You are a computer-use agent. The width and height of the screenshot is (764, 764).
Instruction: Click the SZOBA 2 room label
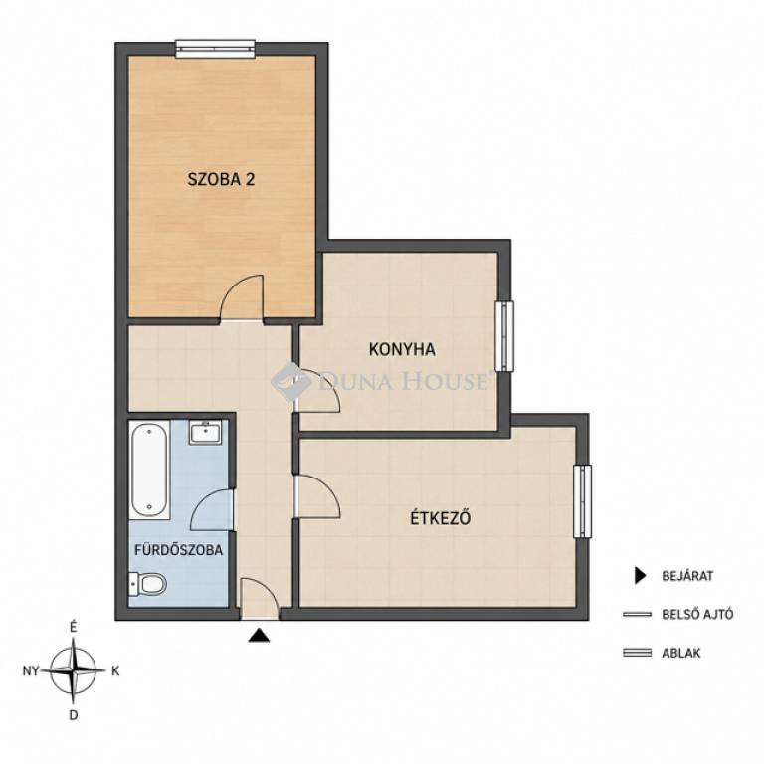click(x=221, y=179)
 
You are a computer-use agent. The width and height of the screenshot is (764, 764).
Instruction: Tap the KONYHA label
click(x=402, y=349)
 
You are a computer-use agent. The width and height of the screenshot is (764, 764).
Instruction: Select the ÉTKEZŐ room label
click(x=441, y=517)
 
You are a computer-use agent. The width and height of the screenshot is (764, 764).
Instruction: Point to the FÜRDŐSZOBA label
click(x=178, y=549)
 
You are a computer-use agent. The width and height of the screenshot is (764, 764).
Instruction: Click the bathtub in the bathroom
click(x=149, y=470)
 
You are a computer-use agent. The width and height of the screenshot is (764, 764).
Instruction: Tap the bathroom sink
click(x=205, y=432)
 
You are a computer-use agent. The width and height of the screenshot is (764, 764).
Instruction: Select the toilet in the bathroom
click(x=147, y=584)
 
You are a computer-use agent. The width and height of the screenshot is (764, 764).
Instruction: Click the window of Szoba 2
click(x=215, y=49)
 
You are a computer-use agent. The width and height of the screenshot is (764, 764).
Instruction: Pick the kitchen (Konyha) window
click(x=504, y=336)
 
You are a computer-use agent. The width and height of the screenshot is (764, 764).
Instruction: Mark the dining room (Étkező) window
click(x=582, y=501)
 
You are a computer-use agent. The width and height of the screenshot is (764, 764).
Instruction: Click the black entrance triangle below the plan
click(x=259, y=636)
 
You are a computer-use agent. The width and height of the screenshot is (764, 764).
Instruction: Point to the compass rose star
click(x=73, y=670)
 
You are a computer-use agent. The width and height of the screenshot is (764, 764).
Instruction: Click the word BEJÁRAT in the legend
click(x=687, y=576)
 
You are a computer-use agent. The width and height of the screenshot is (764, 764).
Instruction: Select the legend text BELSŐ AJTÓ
click(x=697, y=614)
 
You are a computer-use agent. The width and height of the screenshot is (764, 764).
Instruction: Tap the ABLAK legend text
click(x=680, y=653)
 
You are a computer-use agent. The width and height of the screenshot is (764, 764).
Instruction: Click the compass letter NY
click(x=31, y=671)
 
